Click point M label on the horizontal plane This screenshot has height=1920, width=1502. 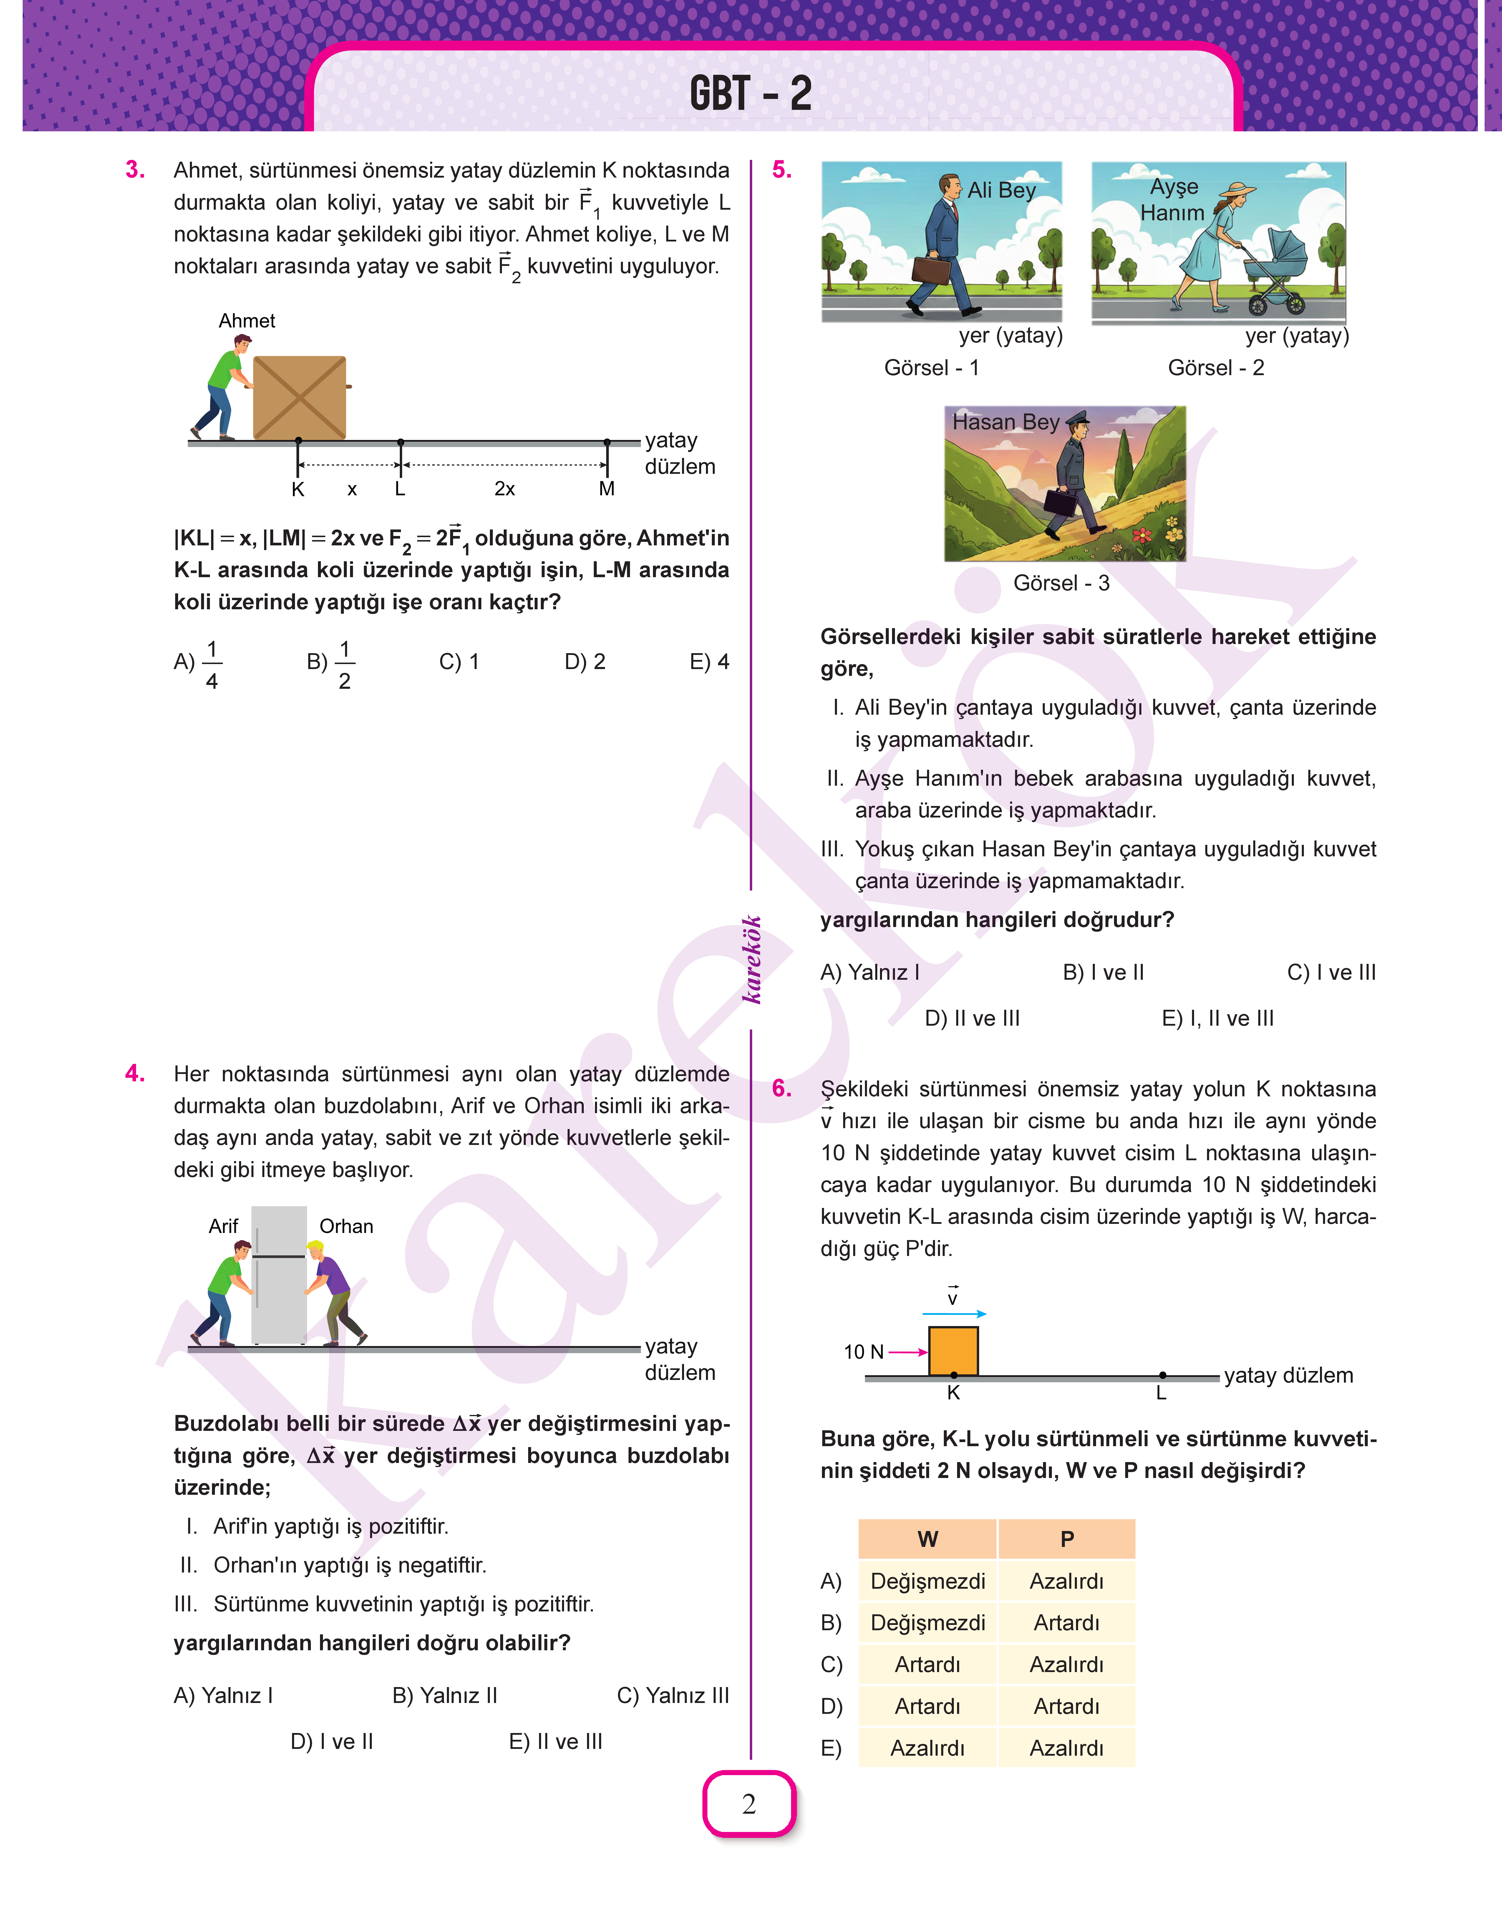pos(607,489)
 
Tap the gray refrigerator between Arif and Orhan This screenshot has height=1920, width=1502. pos(279,1275)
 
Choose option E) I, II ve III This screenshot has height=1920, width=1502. pos(1217,1019)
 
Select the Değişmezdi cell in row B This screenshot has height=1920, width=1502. pos(928,1623)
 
